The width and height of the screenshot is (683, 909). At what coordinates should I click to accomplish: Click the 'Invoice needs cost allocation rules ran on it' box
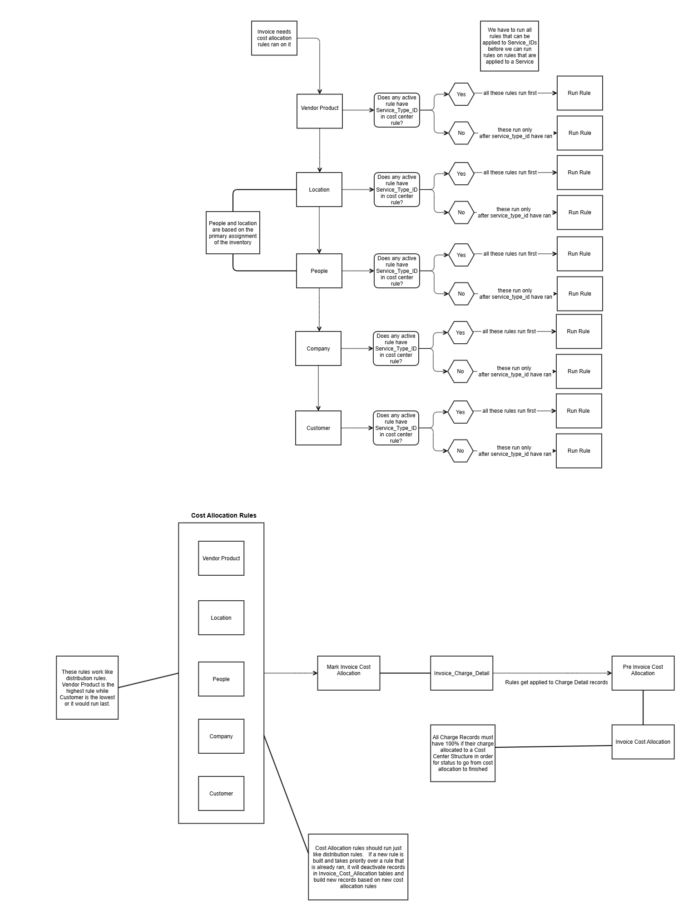[x=274, y=38]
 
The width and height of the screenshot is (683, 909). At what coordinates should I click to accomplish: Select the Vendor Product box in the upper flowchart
[x=319, y=111]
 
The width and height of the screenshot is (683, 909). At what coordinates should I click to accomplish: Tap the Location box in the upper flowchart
[x=319, y=190]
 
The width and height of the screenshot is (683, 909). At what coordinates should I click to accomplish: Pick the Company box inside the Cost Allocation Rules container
[x=221, y=736]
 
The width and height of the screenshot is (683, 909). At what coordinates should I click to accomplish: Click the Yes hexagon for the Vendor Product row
[x=461, y=94]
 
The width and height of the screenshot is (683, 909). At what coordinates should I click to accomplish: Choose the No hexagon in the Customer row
[x=460, y=451]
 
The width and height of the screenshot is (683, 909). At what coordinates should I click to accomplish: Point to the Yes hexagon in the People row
[x=461, y=255]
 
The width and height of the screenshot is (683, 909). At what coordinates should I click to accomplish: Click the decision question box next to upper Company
[x=396, y=349]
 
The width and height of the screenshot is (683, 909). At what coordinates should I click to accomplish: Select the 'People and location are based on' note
[x=233, y=233]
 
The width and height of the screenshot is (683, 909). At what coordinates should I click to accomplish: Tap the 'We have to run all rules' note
[x=509, y=46]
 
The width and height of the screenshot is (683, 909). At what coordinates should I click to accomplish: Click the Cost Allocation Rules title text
[x=223, y=515]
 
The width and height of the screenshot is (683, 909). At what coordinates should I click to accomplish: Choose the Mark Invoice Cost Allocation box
[x=348, y=673]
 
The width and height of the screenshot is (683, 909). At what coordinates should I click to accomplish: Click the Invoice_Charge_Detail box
[x=461, y=673]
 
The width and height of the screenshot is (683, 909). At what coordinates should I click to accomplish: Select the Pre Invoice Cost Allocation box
[x=643, y=673]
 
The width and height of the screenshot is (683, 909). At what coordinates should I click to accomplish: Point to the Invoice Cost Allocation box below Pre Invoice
[x=643, y=742]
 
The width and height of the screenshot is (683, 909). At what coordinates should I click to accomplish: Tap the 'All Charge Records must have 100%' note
[x=462, y=753]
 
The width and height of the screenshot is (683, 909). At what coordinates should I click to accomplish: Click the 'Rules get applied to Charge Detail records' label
[x=556, y=682]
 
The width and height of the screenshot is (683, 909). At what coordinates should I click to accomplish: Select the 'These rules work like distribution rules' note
[x=87, y=687]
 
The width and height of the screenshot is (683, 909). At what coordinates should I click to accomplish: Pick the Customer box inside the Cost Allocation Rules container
[x=221, y=793]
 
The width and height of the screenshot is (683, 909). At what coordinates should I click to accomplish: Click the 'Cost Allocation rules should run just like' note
[x=358, y=867]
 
